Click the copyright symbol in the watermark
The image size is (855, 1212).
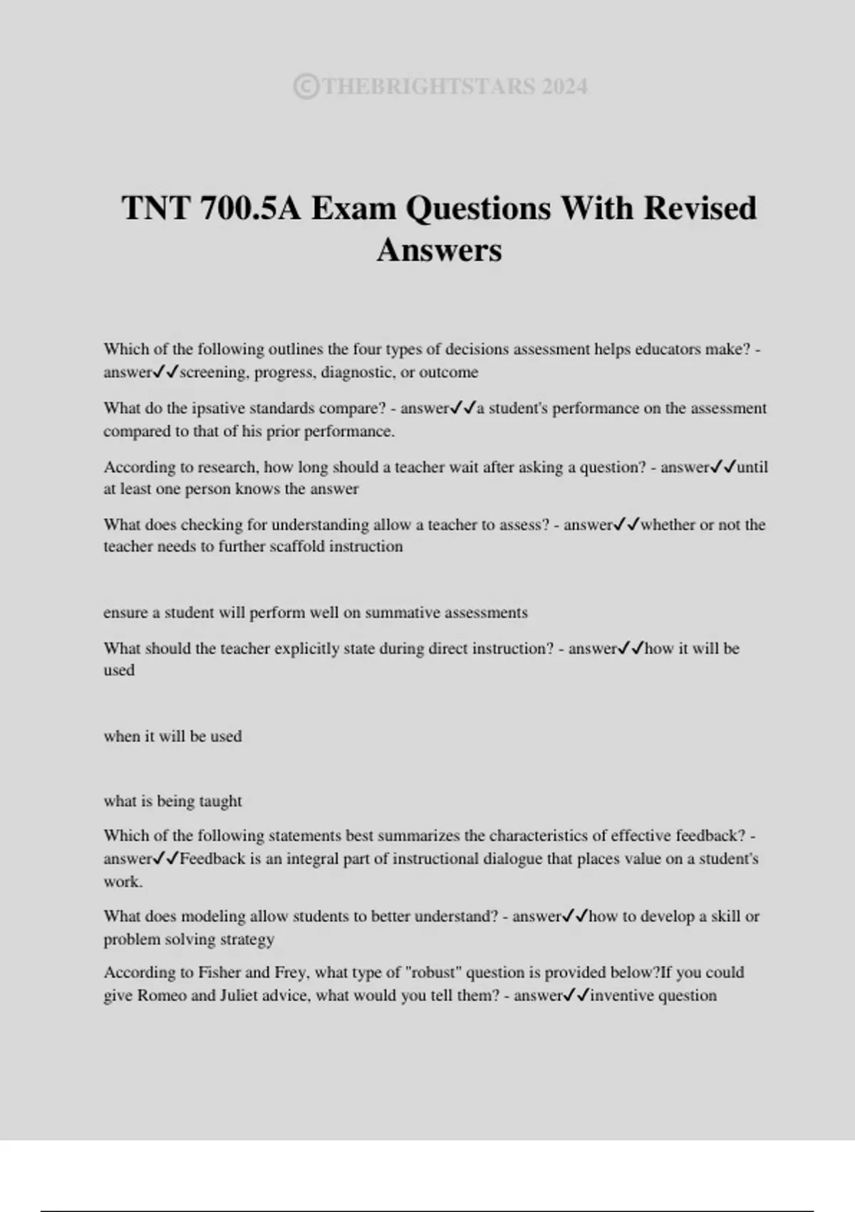point(306,87)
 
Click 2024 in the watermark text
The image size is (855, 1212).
point(564,87)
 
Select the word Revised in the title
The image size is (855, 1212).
point(700,208)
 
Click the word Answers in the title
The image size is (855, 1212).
point(439,250)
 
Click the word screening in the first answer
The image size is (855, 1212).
point(212,372)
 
